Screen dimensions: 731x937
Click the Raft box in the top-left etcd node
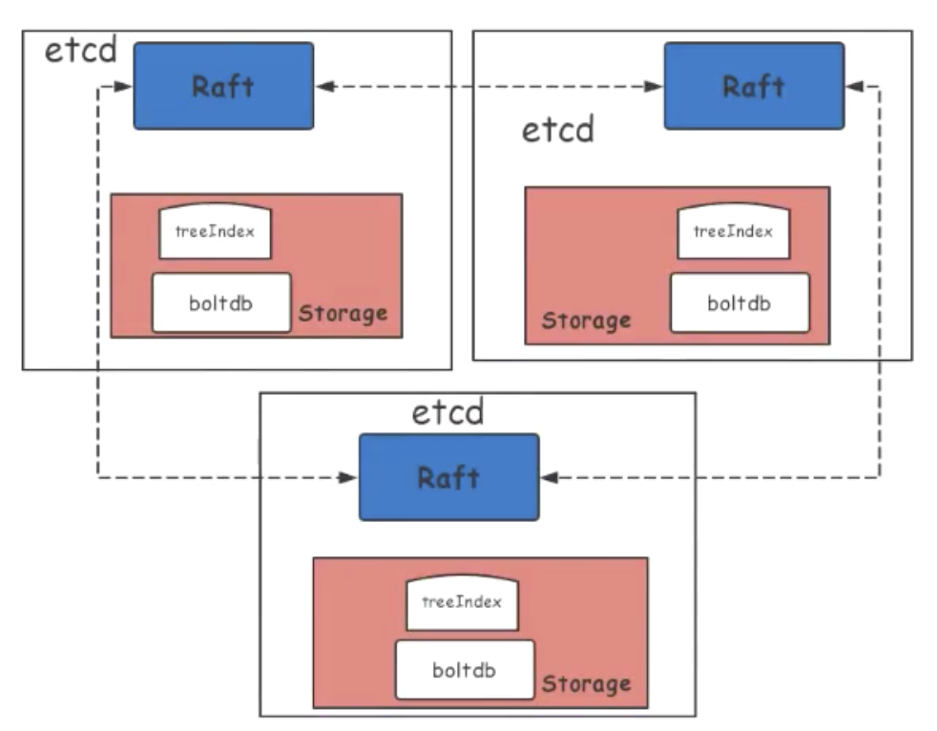(x=222, y=86)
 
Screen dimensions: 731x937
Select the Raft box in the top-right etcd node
(x=753, y=86)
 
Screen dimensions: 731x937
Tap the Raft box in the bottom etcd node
(x=448, y=477)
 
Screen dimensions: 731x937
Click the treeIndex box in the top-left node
(x=215, y=231)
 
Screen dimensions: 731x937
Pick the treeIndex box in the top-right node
(x=733, y=231)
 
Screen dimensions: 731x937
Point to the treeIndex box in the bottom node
(x=462, y=603)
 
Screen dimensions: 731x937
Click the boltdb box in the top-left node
(x=220, y=303)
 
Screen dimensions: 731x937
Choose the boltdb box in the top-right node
(x=739, y=303)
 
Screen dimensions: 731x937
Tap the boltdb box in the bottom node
(x=465, y=669)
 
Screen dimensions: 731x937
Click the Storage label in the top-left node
(x=344, y=313)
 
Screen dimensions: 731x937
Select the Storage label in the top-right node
(x=586, y=321)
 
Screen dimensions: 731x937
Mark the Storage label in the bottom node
(x=586, y=683)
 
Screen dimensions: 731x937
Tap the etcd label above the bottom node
(x=448, y=412)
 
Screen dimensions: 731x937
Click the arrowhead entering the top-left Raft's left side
(x=124, y=87)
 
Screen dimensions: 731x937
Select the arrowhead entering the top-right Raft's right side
(x=853, y=87)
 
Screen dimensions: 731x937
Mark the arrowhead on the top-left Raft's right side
(x=323, y=87)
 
